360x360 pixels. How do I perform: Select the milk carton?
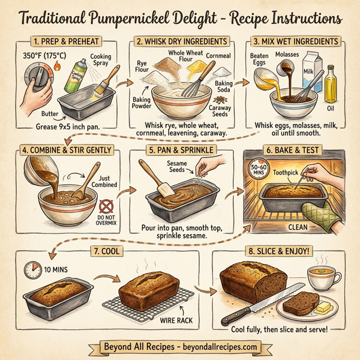[x=311, y=71]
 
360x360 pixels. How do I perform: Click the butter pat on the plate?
[x=322, y=308]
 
